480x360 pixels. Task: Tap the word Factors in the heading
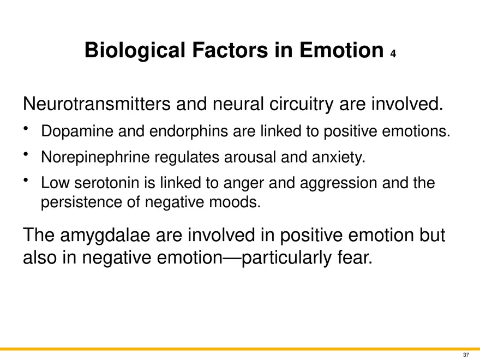[230, 50]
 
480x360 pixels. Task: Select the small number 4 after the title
[393, 54]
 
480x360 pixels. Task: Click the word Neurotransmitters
[97, 104]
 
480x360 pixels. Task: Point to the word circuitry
[301, 104]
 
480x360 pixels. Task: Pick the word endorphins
[188, 131]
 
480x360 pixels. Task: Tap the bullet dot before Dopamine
[26, 128]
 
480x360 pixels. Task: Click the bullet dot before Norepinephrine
[26, 154]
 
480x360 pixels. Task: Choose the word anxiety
[339, 158]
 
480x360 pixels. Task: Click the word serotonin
[106, 183]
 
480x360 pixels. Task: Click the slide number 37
[466, 355]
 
